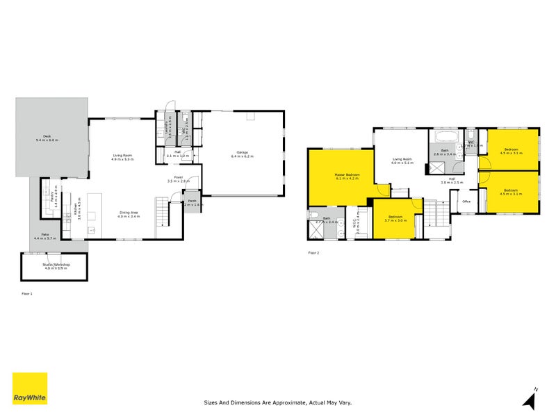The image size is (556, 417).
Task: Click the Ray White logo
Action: (x=30, y=389)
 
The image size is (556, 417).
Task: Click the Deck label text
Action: (x=47, y=136)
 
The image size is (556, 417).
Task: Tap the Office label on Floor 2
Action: (x=466, y=202)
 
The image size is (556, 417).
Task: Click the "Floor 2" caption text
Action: (x=313, y=252)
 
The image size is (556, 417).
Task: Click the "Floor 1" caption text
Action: (x=26, y=294)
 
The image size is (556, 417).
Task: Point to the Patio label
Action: (x=44, y=234)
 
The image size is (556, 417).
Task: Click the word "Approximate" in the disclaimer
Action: (x=273, y=402)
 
